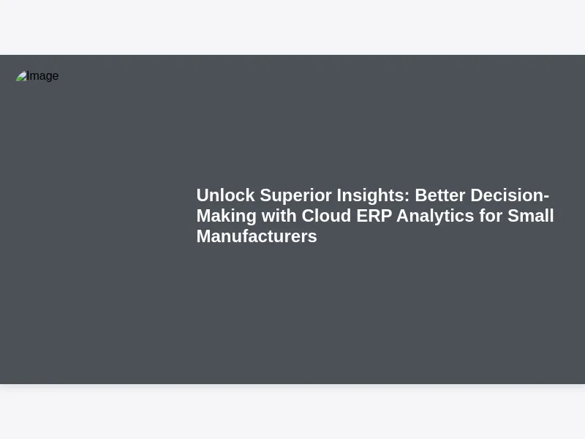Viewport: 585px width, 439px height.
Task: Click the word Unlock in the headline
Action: click(x=226, y=195)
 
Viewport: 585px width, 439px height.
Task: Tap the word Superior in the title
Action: click(x=295, y=196)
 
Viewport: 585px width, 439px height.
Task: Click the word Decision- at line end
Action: click(x=510, y=195)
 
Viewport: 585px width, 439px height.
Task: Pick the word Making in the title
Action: click(x=227, y=217)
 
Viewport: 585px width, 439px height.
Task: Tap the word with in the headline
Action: click(x=279, y=216)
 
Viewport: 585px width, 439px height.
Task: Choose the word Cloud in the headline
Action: click(x=326, y=216)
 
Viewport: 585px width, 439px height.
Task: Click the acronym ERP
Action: click(x=374, y=216)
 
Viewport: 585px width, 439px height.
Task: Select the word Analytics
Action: click(x=435, y=217)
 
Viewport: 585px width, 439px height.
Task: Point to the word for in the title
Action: click(x=491, y=216)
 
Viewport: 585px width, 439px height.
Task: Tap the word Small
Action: click(x=531, y=216)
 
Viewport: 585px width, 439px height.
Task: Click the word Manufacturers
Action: click(x=257, y=236)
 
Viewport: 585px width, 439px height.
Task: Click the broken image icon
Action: click(x=21, y=76)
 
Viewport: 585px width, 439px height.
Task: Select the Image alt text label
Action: click(x=42, y=76)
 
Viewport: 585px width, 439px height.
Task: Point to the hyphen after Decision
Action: click(x=546, y=197)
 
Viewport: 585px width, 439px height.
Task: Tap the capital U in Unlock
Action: click(x=203, y=195)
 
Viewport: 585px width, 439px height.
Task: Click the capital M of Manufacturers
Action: click(x=204, y=236)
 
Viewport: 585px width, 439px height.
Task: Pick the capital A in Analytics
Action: click(x=404, y=216)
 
